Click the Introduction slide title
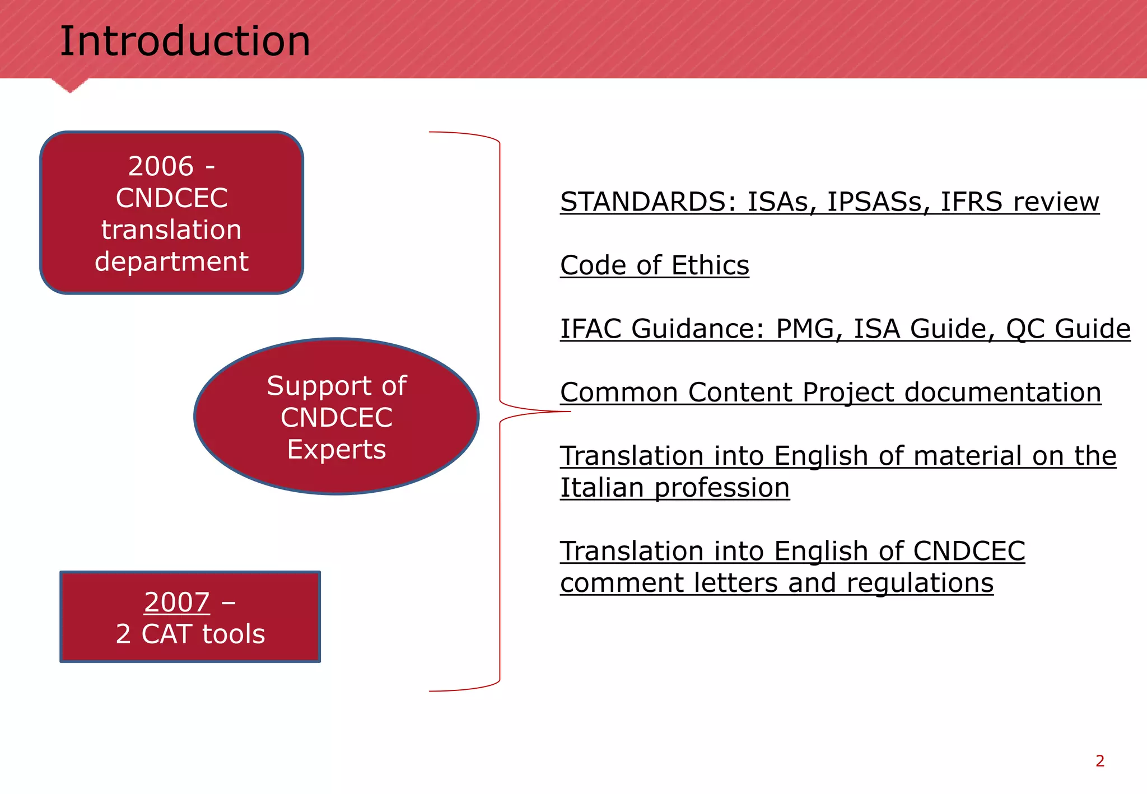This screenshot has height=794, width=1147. point(185,42)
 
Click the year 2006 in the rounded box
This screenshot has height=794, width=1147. point(161,166)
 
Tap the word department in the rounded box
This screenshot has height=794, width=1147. point(171,261)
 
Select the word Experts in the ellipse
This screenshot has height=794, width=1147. point(337,450)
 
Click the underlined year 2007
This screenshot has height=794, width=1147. point(177,602)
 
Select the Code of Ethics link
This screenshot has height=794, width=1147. point(654,265)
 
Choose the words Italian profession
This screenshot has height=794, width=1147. point(674,488)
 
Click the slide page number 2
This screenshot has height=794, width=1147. point(1099,761)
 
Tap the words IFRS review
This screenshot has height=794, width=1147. point(1019,202)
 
